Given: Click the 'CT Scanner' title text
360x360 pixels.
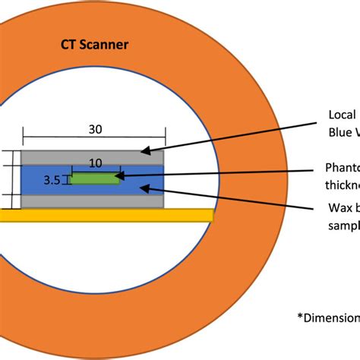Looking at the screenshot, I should tap(94, 45).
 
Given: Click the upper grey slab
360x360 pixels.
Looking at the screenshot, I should tap(91, 156).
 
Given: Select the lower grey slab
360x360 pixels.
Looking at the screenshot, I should tap(91, 201).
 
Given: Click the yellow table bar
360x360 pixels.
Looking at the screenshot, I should tap(106, 215).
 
